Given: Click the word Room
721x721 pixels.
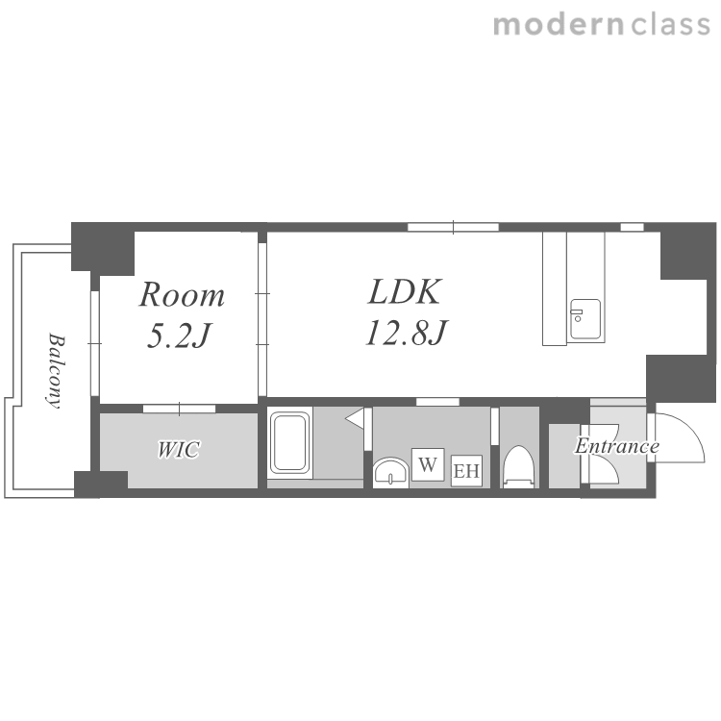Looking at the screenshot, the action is tap(182, 294).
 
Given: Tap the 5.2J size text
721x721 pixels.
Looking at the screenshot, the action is tap(179, 335).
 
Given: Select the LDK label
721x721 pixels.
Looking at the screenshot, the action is tap(405, 291).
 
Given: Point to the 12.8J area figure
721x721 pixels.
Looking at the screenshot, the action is tap(407, 332).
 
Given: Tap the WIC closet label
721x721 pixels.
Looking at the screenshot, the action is tap(179, 449).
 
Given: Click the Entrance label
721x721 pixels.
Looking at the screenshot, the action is tap(617, 445).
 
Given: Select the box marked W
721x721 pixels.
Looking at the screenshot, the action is tap(428, 464).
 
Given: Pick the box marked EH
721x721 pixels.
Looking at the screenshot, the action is tap(466, 471).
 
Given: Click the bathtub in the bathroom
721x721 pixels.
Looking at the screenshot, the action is tap(289, 442).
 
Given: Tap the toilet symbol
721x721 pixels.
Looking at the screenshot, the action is tap(519, 466).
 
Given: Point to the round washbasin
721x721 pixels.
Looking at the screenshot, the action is tap(390, 472).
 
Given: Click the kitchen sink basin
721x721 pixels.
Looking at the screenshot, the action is tap(585, 318).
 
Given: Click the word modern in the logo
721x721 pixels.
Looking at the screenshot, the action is tap(559, 25).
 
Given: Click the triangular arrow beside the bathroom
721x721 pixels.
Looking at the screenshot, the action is tap(355, 418).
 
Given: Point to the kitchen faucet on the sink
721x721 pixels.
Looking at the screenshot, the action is tap(577, 315).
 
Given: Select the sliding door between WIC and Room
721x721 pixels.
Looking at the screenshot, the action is tap(179, 409).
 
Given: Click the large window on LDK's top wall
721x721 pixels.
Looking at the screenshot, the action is tap(453, 227).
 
